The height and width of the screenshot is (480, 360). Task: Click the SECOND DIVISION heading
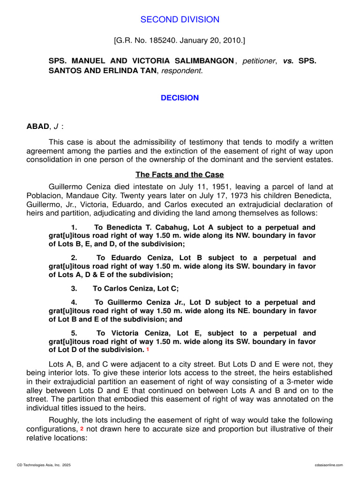tap(180, 19)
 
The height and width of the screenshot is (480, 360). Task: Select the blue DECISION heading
tap(180, 98)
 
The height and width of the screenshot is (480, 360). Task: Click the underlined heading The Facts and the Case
tap(180, 174)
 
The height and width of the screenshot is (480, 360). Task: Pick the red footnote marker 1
tap(148, 350)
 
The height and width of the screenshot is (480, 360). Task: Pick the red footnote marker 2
tap(82, 428)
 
